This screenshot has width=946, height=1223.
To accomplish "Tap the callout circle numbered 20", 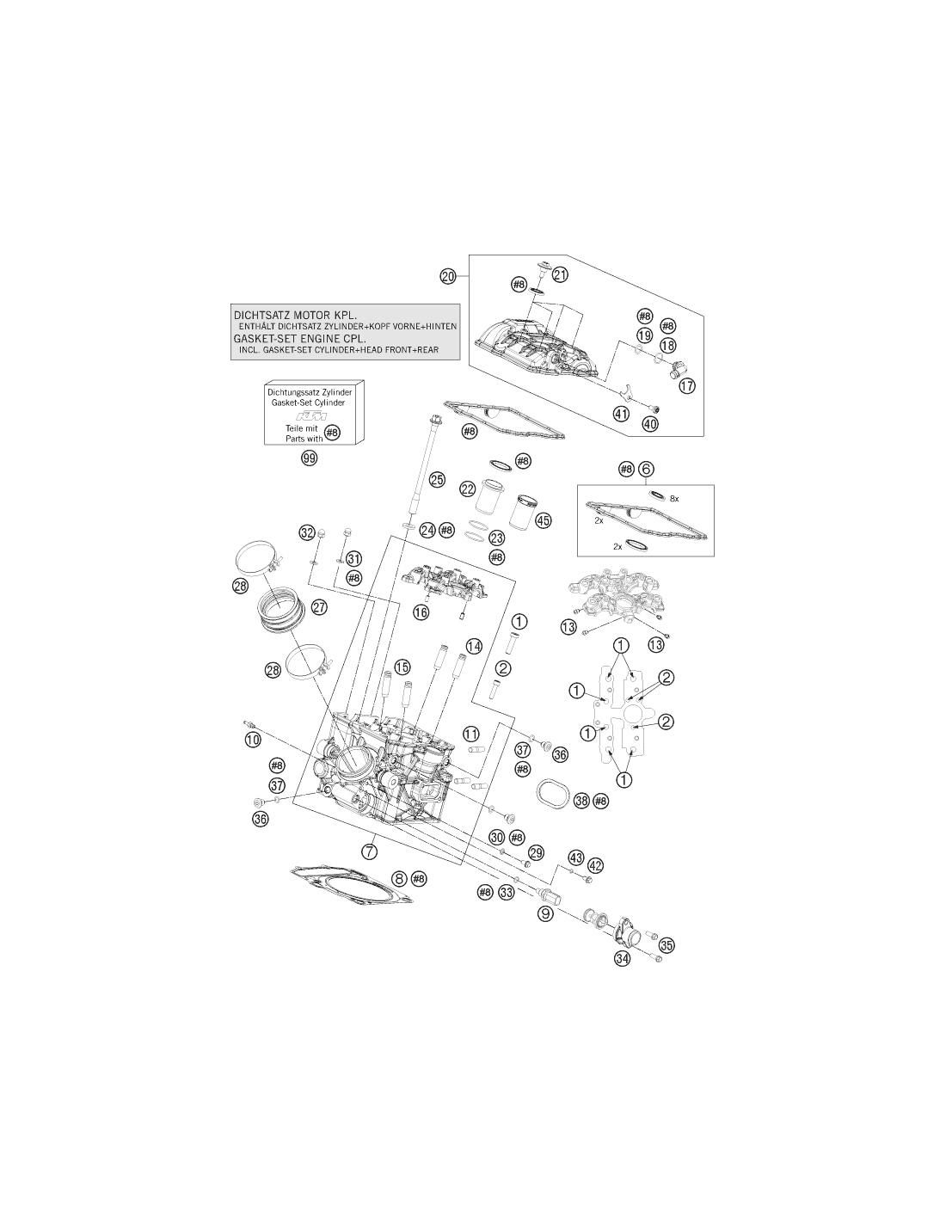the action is coord(448,276).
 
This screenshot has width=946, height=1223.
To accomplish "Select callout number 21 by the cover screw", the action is coord(559,274).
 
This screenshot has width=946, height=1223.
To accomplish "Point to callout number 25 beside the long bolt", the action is coord(437,480).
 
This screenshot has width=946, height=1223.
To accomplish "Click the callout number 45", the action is coord(543,520).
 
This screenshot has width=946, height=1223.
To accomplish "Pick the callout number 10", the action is coord(253,740).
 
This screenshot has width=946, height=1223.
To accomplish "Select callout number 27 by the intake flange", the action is coord(320,607).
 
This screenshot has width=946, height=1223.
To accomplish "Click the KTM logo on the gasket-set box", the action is coord(312,416).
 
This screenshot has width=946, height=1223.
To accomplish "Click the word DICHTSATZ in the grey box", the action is coord(261,315).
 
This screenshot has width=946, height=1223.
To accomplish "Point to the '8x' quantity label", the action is coord(674,498).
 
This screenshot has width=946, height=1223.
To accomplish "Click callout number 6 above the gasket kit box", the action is coord(646,468).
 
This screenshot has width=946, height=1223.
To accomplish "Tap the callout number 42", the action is coord(595,865).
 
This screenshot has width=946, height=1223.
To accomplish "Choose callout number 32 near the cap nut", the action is coord(307,532).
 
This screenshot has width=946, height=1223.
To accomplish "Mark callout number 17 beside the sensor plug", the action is coord(687,385).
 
